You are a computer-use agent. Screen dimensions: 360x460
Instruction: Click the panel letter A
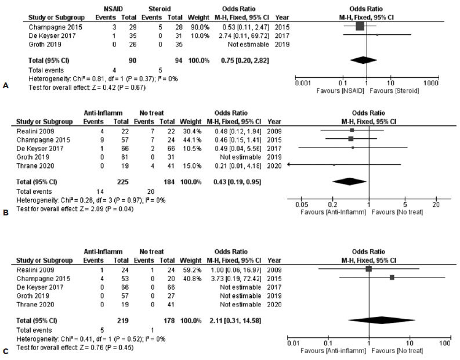click(6, 85)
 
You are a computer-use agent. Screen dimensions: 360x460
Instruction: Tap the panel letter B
click(6, 213)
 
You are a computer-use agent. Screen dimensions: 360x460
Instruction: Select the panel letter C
click(6, 351)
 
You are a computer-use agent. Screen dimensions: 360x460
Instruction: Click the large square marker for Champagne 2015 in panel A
click(360, 27)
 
